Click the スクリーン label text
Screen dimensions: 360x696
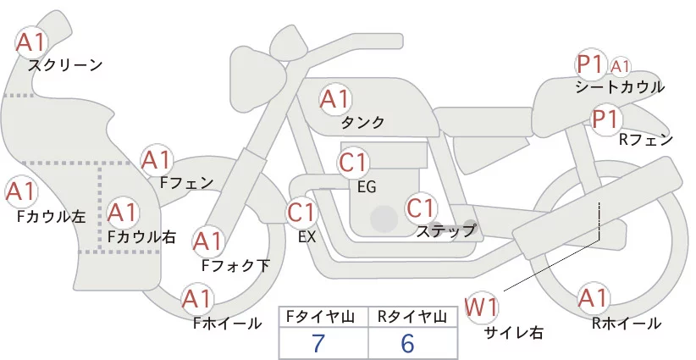65,64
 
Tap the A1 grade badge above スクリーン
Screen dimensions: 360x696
32,42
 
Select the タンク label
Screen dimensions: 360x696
362,122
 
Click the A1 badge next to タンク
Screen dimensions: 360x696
334,99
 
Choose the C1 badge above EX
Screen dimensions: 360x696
301,212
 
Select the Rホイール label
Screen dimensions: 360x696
627,323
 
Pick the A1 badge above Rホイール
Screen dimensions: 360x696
592,299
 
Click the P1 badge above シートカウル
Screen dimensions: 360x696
589,64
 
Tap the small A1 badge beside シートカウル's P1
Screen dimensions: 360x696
620,65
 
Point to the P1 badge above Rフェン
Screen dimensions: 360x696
605,119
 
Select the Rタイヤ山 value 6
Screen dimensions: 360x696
407,343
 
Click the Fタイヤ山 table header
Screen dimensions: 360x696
318,316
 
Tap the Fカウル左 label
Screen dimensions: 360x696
51,216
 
